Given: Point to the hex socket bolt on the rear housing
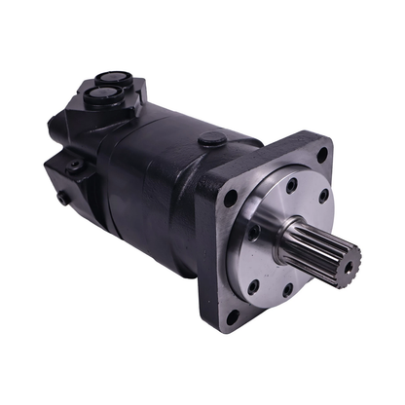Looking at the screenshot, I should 72,166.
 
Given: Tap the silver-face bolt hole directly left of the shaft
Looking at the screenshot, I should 256,234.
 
